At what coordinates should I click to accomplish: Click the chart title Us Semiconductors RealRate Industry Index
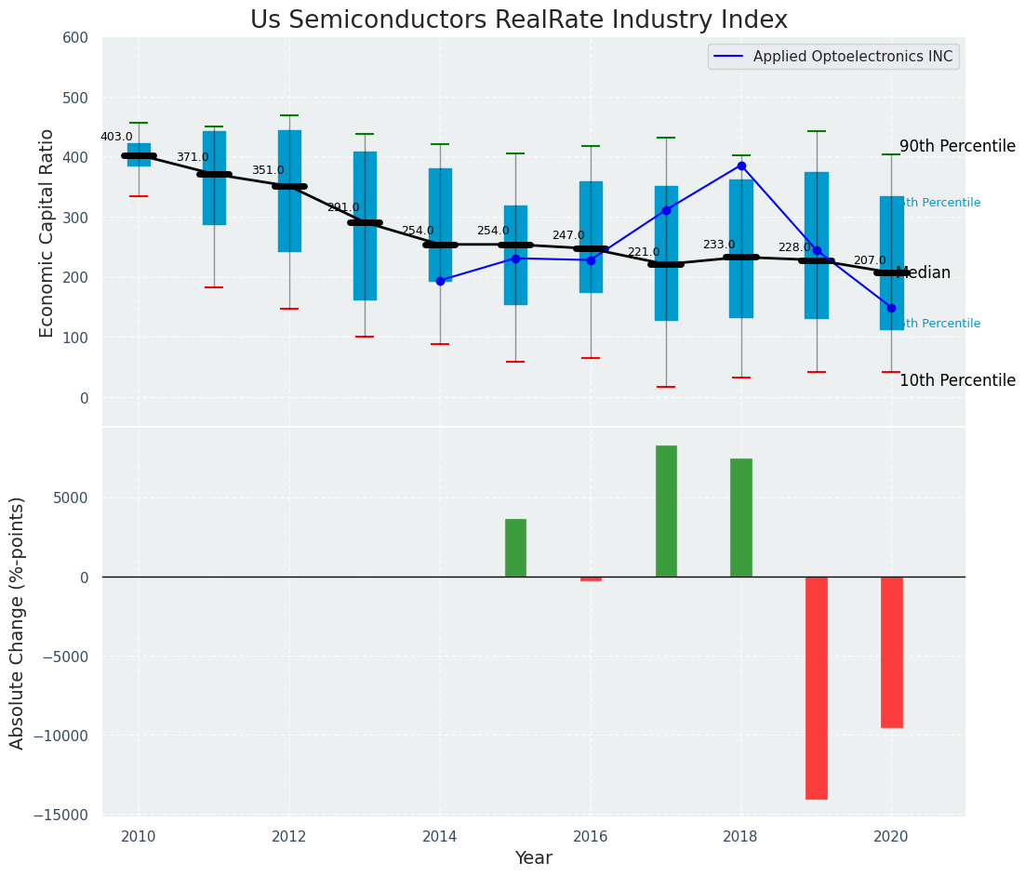tap(519, 20)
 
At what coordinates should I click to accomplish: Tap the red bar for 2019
tap(817, 687)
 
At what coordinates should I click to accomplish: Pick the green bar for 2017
tap(666, 511)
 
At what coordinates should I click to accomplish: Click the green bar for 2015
tap(515, 548)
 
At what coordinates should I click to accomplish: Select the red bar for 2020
tap(892, 652)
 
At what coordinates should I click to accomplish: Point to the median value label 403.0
tap(116, 137)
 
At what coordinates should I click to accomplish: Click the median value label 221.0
tap(644, 252)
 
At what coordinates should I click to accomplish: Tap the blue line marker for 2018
tap(741, 166)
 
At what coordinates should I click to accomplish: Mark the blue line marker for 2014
tap(440, 280)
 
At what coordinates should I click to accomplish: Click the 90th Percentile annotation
tap(957, 146)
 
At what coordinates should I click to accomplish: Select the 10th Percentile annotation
tap(957, 380)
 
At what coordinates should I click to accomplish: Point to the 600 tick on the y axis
tap(76, 38)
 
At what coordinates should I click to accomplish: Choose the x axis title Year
tap(534, 858)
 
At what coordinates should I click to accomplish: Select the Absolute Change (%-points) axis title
tap(18, 622)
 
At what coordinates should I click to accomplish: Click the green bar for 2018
tap(741, 517)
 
